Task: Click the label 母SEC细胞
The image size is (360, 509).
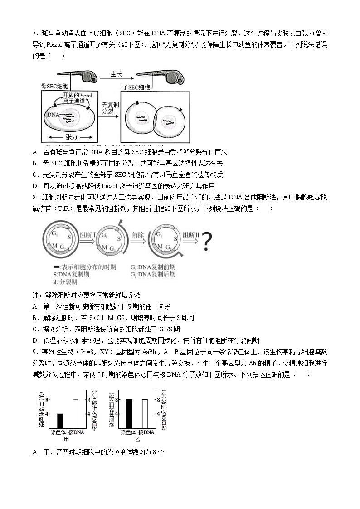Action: pos(54,86)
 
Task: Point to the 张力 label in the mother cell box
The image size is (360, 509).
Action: pos(72,136)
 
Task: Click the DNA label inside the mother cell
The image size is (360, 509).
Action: pos(53,115)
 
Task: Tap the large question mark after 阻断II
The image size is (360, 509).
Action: pos(207,242)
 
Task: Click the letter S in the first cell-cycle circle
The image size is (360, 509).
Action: pos(69,238)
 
